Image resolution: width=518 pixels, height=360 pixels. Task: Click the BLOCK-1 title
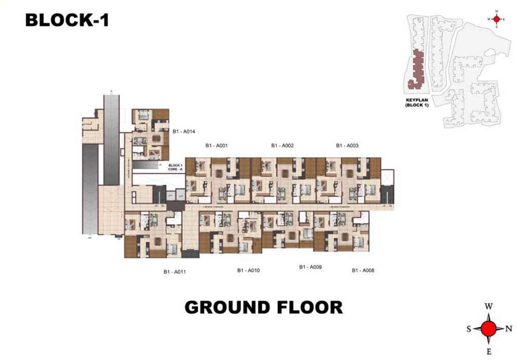pos(67,20)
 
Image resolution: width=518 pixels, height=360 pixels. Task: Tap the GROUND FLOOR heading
pos(263,307)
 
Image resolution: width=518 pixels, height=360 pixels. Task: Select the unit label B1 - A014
pos(183,132)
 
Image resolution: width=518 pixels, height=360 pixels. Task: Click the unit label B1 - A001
pos(216,146)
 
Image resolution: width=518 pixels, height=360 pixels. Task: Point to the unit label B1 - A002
pos(282,146)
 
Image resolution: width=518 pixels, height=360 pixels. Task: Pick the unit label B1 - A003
pos(347,146)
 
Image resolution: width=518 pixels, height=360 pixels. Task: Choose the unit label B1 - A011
pos(175,272)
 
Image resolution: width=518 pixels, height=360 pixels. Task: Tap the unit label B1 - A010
pos(248,270)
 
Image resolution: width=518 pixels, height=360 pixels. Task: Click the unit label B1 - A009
pos(311,267)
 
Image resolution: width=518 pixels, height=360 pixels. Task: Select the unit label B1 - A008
pos(363,270)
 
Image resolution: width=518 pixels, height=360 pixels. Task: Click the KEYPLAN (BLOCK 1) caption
pos(417,103)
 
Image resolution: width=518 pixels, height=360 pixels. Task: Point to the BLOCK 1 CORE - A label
pos(175,167)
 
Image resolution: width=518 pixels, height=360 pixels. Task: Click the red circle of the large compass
pos(488,329)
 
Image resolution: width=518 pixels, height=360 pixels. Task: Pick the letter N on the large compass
pos(509,329)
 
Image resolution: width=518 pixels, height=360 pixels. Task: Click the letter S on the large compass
pos(468,329)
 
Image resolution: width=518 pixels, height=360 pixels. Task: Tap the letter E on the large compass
pos(488,352)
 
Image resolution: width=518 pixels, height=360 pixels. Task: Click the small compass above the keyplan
pos(496,19)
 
